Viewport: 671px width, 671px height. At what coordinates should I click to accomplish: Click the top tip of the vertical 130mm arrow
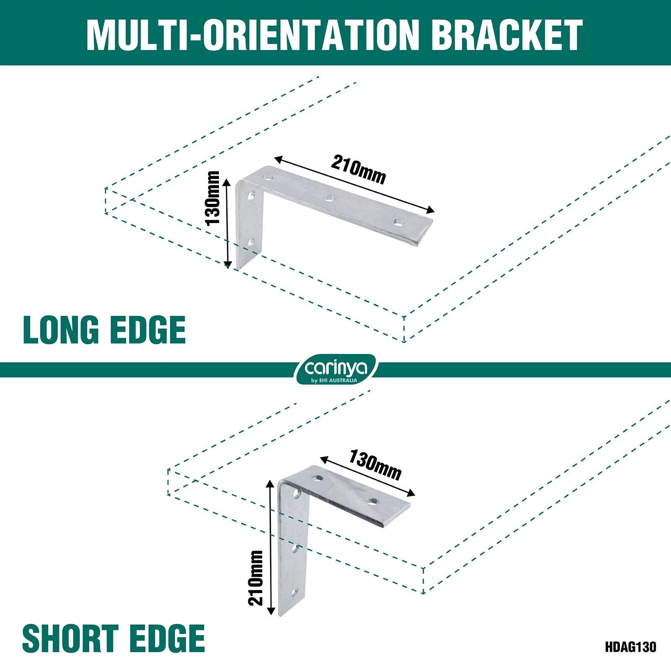pos(228,178)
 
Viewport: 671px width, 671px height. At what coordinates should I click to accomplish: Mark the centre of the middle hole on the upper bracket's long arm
pos(328,197)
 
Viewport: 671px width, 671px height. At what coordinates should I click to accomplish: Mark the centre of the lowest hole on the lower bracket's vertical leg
pos(295,593)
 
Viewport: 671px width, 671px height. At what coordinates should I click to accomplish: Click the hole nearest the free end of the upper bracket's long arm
pos(397,222)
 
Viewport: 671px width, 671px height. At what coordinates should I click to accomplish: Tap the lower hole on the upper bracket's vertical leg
pos(251,242)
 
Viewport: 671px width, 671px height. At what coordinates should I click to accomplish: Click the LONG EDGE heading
pos(104,330)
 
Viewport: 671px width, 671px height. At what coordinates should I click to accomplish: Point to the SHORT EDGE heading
pos(114,638)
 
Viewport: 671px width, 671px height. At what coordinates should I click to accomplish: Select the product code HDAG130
pos(630,646)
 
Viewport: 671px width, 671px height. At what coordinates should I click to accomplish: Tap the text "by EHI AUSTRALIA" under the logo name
pos(334,380)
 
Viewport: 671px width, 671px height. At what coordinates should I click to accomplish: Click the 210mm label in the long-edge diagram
pos(358,169)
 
